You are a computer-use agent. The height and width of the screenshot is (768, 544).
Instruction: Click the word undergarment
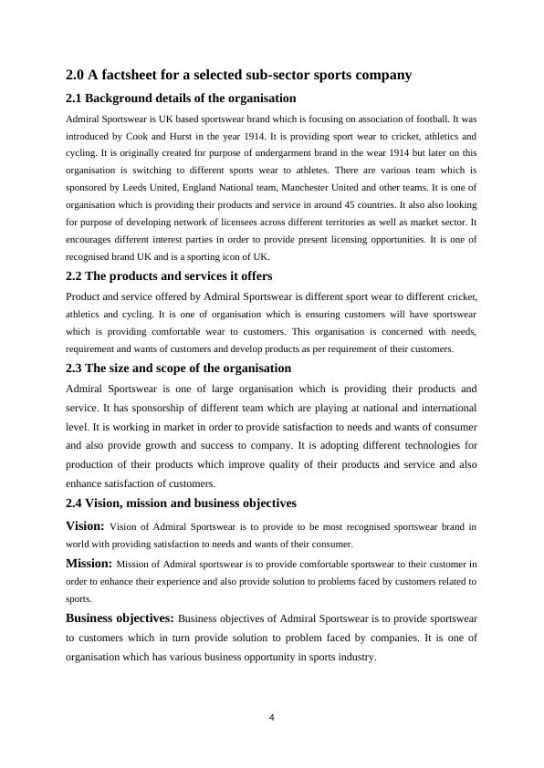click(x=281, y=153)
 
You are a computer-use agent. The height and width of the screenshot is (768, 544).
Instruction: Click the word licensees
click(x=228, y=222)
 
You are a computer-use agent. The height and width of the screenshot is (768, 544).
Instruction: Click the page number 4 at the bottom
click(x=272, y=718)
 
